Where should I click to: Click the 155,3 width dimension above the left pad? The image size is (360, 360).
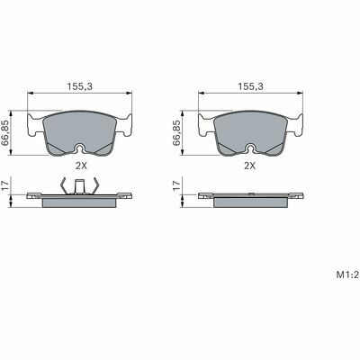pyautogui.click(x=79, y=86)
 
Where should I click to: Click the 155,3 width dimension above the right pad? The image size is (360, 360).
pyautogui.click(x=250, y=86)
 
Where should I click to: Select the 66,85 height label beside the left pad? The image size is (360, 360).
pyautogui.click(x=5, y=133)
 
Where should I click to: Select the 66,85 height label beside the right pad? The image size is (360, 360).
pyautogui.click(x=176, y=133)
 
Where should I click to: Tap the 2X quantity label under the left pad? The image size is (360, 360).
pyautogui.click(x=81, y=166)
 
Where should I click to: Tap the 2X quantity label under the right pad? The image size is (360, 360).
pyautogui.click(x=249, y=166)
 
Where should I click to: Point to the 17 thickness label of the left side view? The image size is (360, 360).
pyautogui.click(x=5, y=185)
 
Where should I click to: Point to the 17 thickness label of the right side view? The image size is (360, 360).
pyautogui.click(x=176, y=185)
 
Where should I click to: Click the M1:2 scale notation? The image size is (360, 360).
pyautogui.click(x=347, y=274)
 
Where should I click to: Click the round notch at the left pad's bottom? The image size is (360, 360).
pyautogui.click(x=80, y=148)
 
